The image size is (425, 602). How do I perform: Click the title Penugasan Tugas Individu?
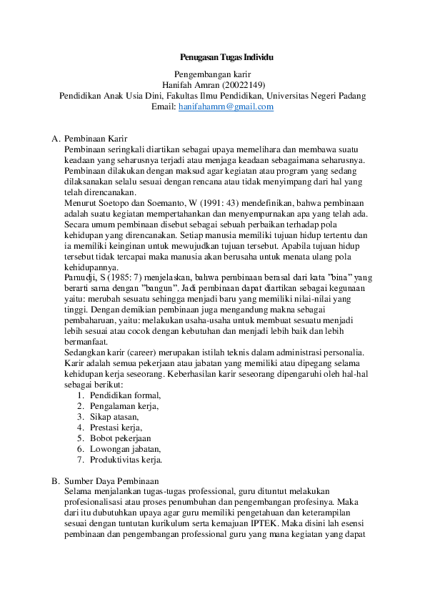[226, 56]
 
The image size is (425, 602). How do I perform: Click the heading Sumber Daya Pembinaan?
[111, 481]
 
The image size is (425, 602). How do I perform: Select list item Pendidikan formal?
[125, 395]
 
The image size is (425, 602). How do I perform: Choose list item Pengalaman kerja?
[124, 406]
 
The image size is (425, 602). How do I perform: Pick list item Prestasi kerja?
[117, 428]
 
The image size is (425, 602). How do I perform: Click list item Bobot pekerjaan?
[120, 438]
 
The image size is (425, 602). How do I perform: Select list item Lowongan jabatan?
[125, 449]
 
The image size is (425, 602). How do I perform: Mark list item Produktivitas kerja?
[126, 460]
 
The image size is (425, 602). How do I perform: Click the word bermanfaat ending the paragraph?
[86, 342]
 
